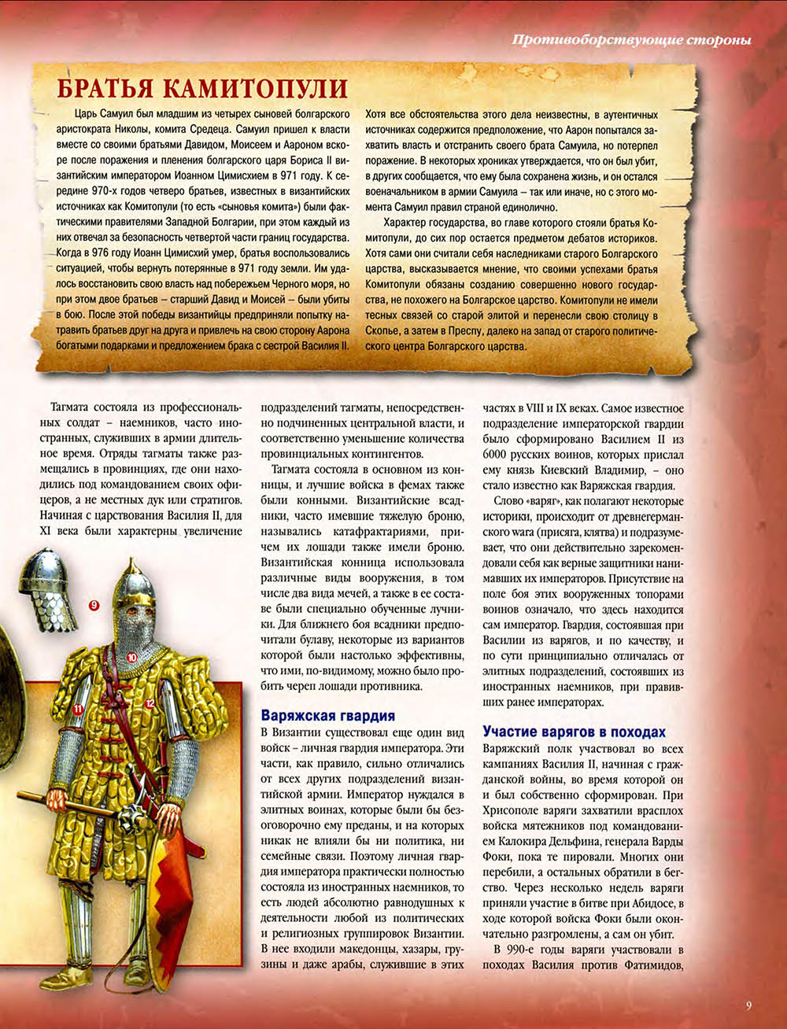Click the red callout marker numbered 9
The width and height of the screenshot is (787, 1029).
coord(94,605)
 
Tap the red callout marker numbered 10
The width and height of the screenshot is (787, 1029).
coord(131,655)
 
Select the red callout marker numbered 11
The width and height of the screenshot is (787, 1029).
coord(78,709)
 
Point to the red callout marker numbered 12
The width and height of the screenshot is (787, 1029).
coord(150,703)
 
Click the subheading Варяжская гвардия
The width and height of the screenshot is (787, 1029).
coord(327,715)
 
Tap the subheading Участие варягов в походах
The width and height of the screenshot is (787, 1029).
coord(574,731)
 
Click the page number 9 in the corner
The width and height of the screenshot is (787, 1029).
coord(748,1004)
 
